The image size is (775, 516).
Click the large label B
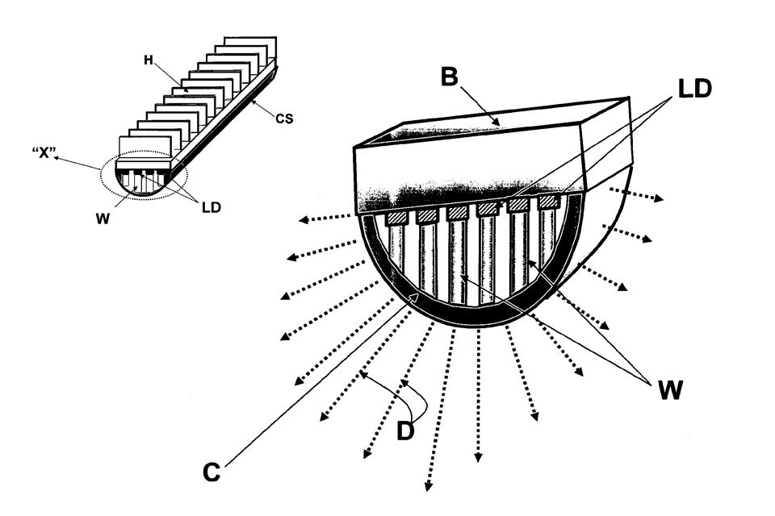click(450, 79)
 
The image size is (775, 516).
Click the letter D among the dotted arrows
click(405, 431)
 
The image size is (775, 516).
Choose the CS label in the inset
click(283, 120)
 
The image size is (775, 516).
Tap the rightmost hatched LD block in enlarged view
click(549, 201)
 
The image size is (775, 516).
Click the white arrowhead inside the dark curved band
click(414, 299)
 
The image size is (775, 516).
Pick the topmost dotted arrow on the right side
click(638, 196)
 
